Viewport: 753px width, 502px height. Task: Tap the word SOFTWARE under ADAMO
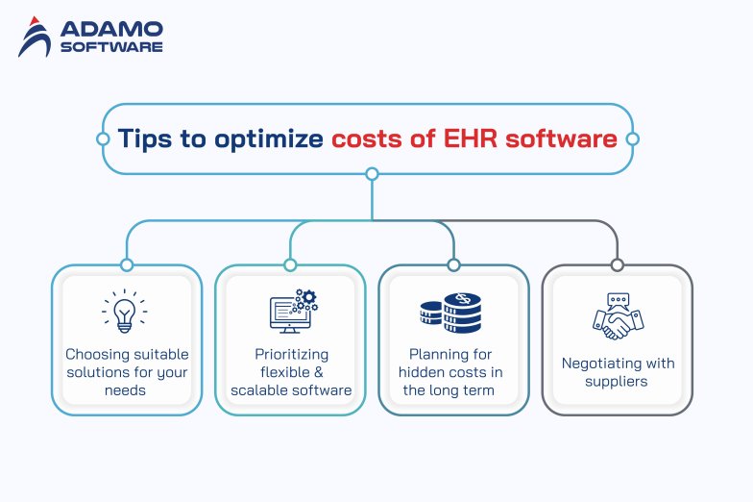click(x=111, y=46)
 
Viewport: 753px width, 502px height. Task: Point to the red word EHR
click(x=471, y=138)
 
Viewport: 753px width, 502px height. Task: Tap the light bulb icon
click(x=125, y=312)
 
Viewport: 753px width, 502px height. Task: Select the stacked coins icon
click(x=451, y=313)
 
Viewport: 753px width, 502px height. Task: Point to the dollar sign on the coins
click(x=464, y=301)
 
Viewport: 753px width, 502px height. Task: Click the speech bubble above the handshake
click(x=617, y=300)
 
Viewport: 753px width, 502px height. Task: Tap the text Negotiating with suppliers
click(x=617, y=372)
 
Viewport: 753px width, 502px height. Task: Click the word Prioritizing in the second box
click(x=290, y=354)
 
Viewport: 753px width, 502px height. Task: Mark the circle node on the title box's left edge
click(x=103, y=138)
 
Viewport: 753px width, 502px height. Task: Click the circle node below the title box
click(x=373, y=174)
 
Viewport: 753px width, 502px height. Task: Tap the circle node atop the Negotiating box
click(x=617, y=264)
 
